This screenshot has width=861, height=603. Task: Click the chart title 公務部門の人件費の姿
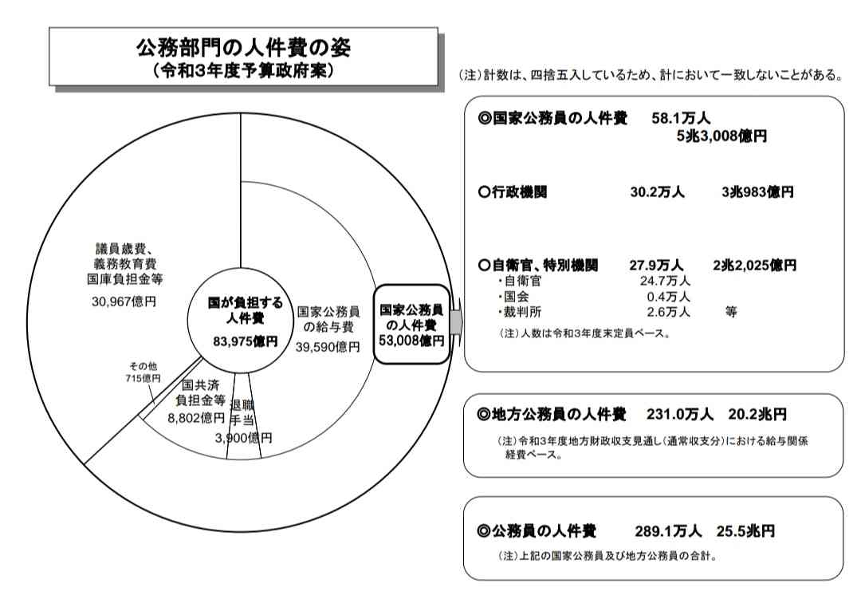(x=243, y=48)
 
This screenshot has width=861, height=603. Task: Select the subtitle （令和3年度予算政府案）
(x=243, y=71)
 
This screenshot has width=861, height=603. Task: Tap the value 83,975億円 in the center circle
(x=246, y=341)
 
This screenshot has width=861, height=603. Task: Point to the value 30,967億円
(x=124, y=301)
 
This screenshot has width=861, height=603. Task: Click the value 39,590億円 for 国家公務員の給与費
(x=328, y=347)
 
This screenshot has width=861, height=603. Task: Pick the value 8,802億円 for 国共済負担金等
(x=197, y=418)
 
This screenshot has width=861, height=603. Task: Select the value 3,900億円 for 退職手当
(x=243, y=438)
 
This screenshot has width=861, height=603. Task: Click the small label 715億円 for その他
(x=143, y=378)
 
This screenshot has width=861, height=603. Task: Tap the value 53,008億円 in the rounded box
(x=411, y=341)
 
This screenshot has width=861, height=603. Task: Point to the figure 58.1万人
(x=681, y=118)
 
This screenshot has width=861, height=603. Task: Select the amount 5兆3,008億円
(x=721, y=136)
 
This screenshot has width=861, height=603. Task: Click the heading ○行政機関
(x=513, y=192)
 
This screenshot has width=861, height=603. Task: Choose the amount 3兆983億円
(x=758, y=192)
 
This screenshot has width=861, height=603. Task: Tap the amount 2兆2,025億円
(x=754, y=266)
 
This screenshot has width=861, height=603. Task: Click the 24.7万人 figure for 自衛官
(x=665, y=282)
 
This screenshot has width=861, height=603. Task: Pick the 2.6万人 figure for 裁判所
(x=668, y=313)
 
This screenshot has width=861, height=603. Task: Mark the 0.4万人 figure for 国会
(x=668, y=297)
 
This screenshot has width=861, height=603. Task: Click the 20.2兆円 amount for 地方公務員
(x=757, y=414)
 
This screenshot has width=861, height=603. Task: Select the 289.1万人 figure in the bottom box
(x=668, y=531)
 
